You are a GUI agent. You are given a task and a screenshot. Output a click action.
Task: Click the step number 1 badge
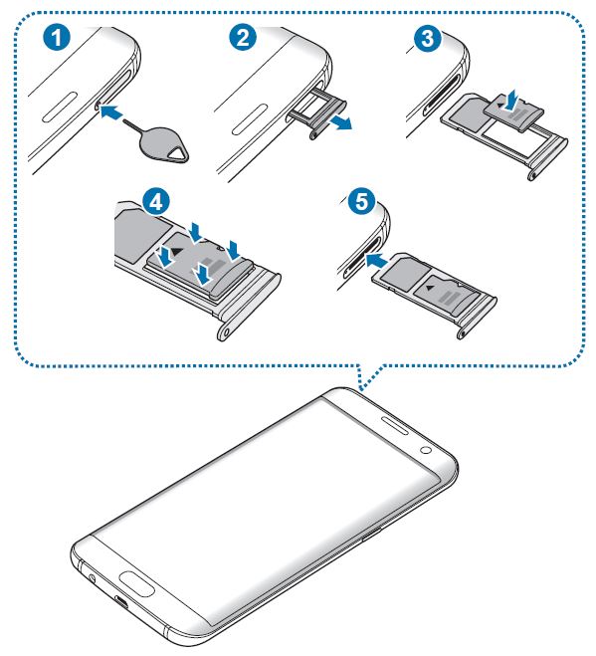(x=57, y=37)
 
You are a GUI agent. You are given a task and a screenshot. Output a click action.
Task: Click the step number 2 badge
(x=243, y=37)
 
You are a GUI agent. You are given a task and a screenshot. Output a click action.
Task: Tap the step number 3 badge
(x=427, y=39)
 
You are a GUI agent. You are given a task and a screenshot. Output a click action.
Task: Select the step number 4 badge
(x=156, y=202)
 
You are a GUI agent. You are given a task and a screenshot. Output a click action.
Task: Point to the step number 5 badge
(x=361, y=202)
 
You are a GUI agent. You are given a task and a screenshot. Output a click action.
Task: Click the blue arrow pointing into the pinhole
(x=112, y=112)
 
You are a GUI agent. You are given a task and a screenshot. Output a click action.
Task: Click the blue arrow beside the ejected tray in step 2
(x=339, y=123)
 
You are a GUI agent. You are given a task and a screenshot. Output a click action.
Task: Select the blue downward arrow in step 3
(x=511, y=100)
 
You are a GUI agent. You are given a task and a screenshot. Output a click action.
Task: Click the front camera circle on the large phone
(x=426, y=450)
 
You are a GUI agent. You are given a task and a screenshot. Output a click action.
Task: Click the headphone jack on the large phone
(x=92, y=579)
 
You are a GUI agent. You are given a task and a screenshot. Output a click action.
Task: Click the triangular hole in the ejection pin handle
(x=178, y=155)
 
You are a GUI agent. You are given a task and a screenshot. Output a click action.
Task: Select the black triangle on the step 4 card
(x=177, y=251)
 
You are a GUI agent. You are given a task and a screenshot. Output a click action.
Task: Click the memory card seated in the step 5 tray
(x=447, y=295)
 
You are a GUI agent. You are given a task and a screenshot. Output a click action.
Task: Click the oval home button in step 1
(x=61, y=106)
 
